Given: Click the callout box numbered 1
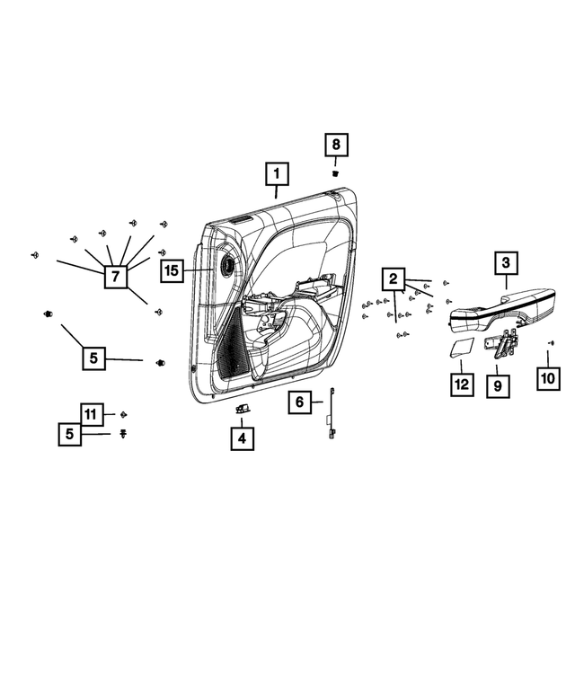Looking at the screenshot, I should (277, 172).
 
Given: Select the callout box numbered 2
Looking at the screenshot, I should (393, 278).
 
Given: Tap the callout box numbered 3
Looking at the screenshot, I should (505, 263).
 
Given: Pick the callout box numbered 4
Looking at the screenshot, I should (241, 438).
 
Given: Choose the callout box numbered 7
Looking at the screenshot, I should (114, 277).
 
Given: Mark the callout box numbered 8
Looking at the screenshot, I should (335, 145).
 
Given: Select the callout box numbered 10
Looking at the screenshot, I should (548, 380).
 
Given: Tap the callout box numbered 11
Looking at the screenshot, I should (91, 414).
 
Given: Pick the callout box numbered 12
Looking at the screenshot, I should (461, 384).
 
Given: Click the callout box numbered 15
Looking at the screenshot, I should (173, 269).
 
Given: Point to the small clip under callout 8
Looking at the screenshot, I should (334, 172).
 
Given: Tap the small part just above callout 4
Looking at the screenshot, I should (242, 409).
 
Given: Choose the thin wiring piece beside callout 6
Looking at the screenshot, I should (333, 415).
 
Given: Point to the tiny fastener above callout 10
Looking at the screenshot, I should (550, 342).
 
